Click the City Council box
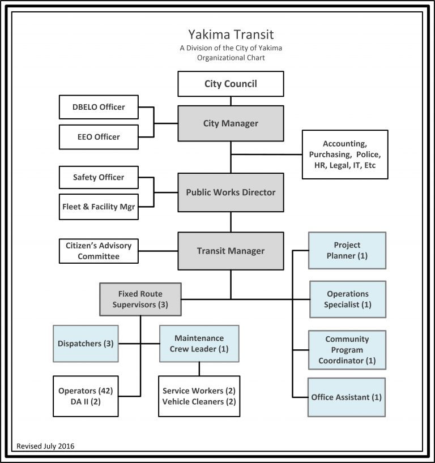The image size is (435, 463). pos(231,84)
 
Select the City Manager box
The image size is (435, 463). pos(231,123)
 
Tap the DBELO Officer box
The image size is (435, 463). pos(99,107)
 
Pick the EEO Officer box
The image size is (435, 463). pos(99,137)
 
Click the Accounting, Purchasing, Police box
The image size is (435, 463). pos(345,155)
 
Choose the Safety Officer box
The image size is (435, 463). pos(99,177)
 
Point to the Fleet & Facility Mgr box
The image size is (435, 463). pos(99,207)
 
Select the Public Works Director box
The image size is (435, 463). pos(231,192)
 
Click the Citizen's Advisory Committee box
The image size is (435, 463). pos(99,251)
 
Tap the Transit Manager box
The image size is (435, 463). pos(231,251)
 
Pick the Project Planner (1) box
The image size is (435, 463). pos(347,250)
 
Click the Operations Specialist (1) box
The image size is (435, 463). pos(347,299)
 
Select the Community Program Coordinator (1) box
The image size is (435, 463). pos(347,350)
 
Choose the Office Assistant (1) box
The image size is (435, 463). pos(347,397)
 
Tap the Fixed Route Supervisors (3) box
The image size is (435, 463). pos(140,299)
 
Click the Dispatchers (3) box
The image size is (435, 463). pos(86,344)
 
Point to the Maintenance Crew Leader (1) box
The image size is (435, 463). pos(199,344)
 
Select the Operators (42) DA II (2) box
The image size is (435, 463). pos(86,396)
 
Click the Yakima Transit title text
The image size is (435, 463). pos(231,35)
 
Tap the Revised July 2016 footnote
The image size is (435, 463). pos(46,445)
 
